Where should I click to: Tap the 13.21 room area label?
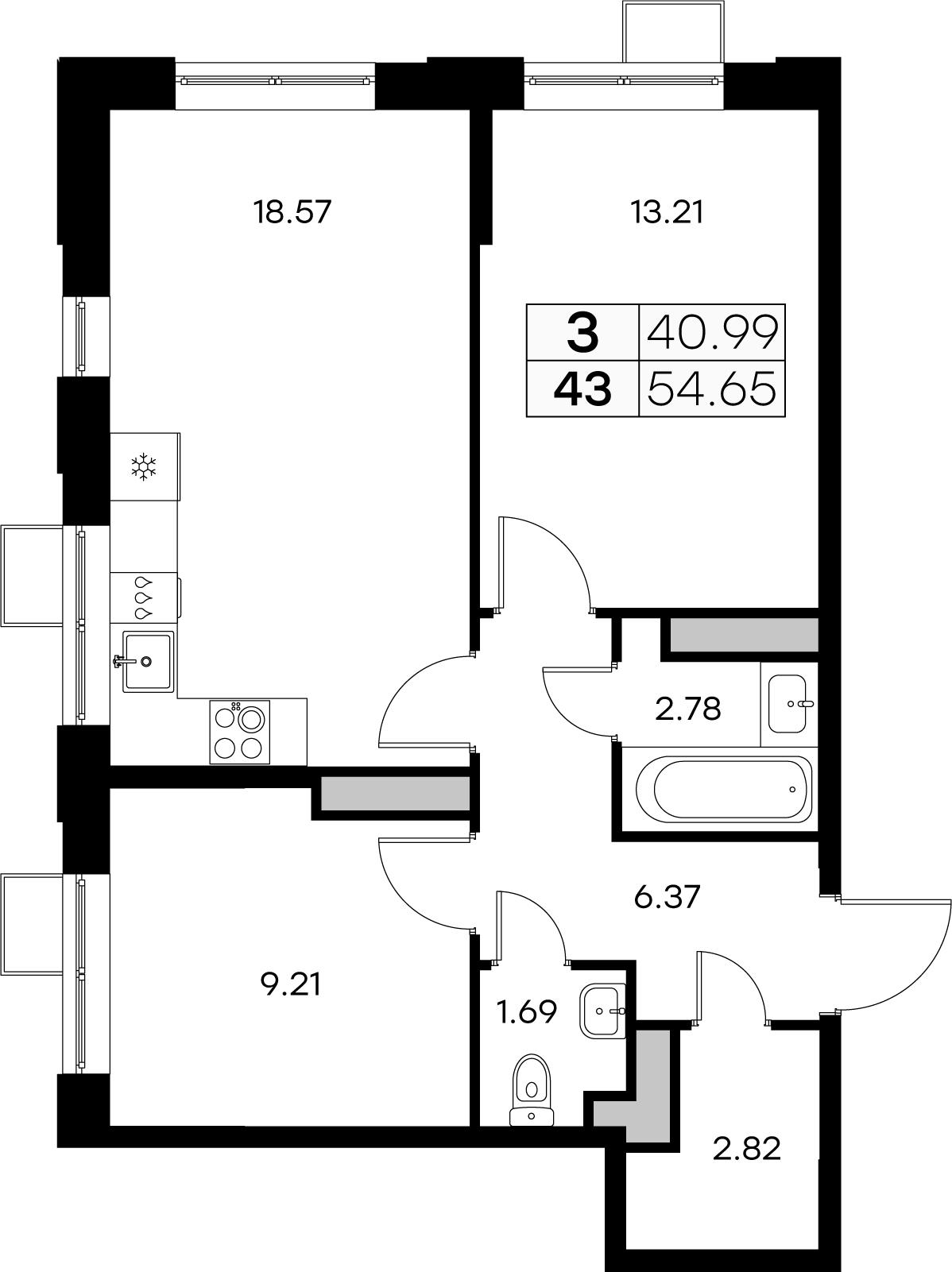[667, 212]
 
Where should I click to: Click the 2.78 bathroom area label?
[688, 708]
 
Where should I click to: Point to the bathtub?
[724, 789]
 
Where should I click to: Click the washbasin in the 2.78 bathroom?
[788, 703]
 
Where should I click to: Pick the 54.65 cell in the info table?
[711, 389]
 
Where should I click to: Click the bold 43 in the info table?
[583, 389]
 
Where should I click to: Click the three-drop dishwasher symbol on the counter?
[144, 597]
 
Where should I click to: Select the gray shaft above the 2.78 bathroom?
[744, 635]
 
